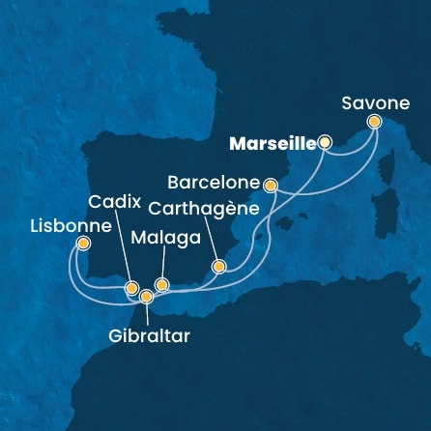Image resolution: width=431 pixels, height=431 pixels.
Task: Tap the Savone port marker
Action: (x=375, y=122)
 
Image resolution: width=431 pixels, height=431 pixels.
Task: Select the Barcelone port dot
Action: (x=271, y=184)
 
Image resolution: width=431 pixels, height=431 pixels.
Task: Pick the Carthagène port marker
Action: (x=219, y=266)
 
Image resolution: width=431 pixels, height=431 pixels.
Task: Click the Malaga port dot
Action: (x=161, y=284)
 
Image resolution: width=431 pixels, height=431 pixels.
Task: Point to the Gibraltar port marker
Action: (x=146, y=297)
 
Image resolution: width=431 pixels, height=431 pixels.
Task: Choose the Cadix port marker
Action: (x=130, y=287)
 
